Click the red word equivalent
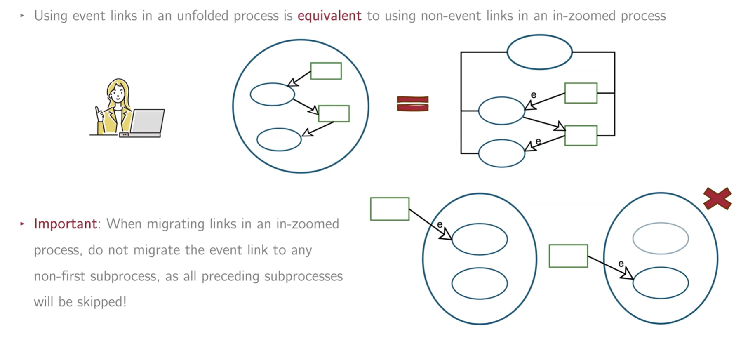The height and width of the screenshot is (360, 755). [x=329, y=16]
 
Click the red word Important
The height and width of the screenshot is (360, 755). [x=65, y=224]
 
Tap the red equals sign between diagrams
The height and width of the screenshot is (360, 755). [x=412, y=104]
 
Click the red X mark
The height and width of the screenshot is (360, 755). [x=717, y=198]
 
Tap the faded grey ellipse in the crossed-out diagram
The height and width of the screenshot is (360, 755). [x=660, y=238]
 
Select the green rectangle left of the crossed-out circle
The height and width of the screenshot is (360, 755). [x=568, y=256]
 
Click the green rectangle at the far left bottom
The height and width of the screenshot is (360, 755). [x=389, y=209]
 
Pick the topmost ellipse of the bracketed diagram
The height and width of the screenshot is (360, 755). [x=539, y=52]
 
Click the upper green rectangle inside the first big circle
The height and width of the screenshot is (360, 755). [x=326, y=71]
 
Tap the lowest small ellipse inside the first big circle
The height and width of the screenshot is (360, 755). [x=279, y=139]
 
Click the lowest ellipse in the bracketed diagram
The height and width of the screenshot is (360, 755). [x=501, y=153]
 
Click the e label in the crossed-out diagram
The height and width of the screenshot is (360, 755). [x=621, y=264]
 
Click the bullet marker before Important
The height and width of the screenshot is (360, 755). [x=22, y=224]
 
